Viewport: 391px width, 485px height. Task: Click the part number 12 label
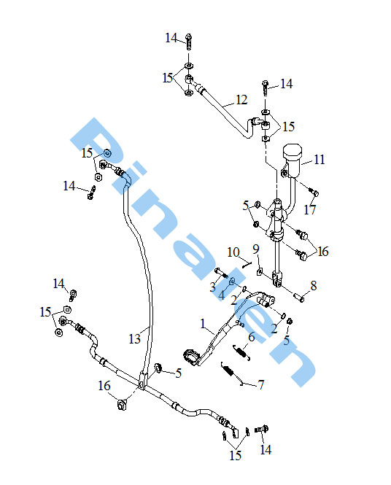[x=241, y=100]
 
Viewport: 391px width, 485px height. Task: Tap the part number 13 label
[x=134, y=339]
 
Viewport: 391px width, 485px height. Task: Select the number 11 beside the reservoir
[x=320, y=160]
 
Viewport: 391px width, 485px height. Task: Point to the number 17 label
[x=309, y=210]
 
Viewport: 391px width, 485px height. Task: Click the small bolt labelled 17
[x=314, y=192]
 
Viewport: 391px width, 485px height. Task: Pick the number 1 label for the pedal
[x=203, y=324]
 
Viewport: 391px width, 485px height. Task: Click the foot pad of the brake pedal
[x=192, y=357]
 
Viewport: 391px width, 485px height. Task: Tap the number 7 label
[x=261, y=385]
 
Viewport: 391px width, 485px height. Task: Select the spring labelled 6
[x=241, y=352]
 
